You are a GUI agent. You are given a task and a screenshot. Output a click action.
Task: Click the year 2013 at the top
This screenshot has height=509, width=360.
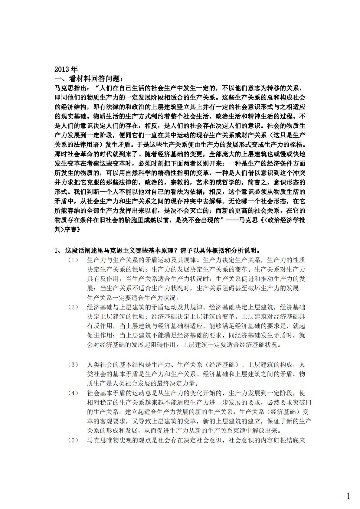(66, 69)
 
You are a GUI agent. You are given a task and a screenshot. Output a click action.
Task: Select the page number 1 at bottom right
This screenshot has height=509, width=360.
(348, 488)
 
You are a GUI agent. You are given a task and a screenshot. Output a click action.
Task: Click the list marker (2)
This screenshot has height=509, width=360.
(73, 307)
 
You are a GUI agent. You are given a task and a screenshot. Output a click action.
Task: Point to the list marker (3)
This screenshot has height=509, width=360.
(73, 364)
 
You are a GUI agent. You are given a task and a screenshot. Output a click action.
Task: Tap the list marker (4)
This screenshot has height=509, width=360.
(73, 393)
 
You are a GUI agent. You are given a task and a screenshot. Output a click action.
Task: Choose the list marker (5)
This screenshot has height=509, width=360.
(73, 440)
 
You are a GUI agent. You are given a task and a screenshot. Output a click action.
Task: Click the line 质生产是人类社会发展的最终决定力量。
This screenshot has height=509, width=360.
(142, 383)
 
